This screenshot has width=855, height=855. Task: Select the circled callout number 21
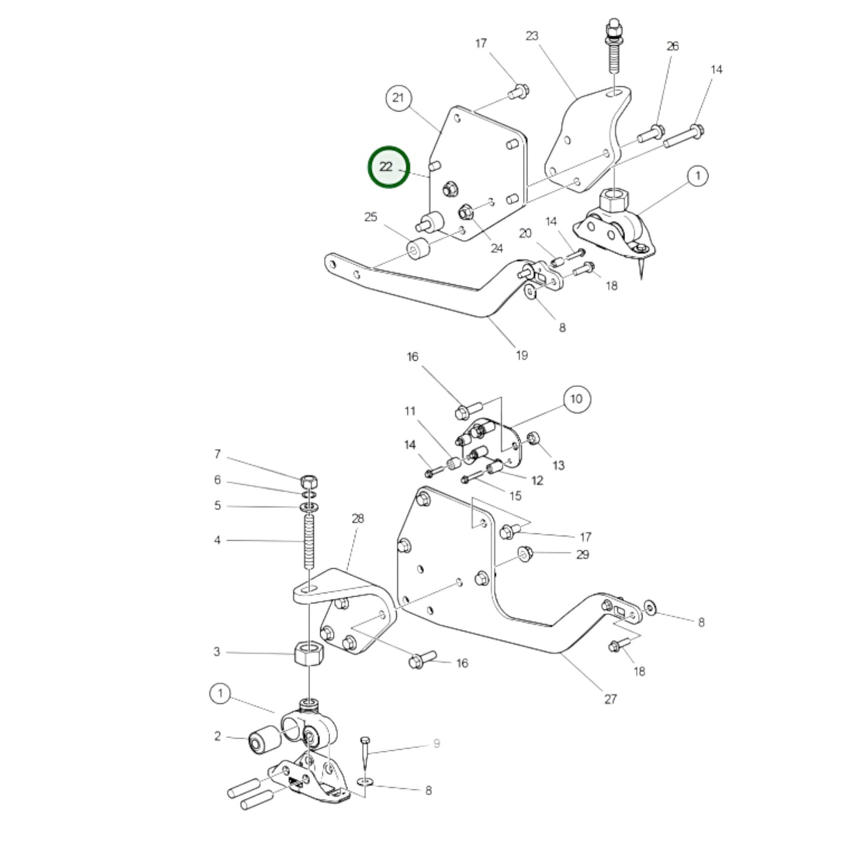[398, 97]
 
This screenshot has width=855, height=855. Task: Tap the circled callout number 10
[576, 399]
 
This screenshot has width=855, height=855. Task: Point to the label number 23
[532, 36]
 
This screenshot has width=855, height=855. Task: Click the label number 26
[673, 46]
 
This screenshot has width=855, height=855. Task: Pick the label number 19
[521, 356]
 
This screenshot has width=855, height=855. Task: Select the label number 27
[611, 699]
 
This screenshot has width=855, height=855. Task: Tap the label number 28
[358, 519]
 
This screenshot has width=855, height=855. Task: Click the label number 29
[583, 554]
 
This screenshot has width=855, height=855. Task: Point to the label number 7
[217, 454]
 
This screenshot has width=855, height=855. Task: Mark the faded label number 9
[437, 744]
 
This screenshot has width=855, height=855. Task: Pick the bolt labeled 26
[650, 133]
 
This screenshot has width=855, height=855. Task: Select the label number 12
[537, 480]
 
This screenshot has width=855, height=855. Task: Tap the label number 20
[525, 234]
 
